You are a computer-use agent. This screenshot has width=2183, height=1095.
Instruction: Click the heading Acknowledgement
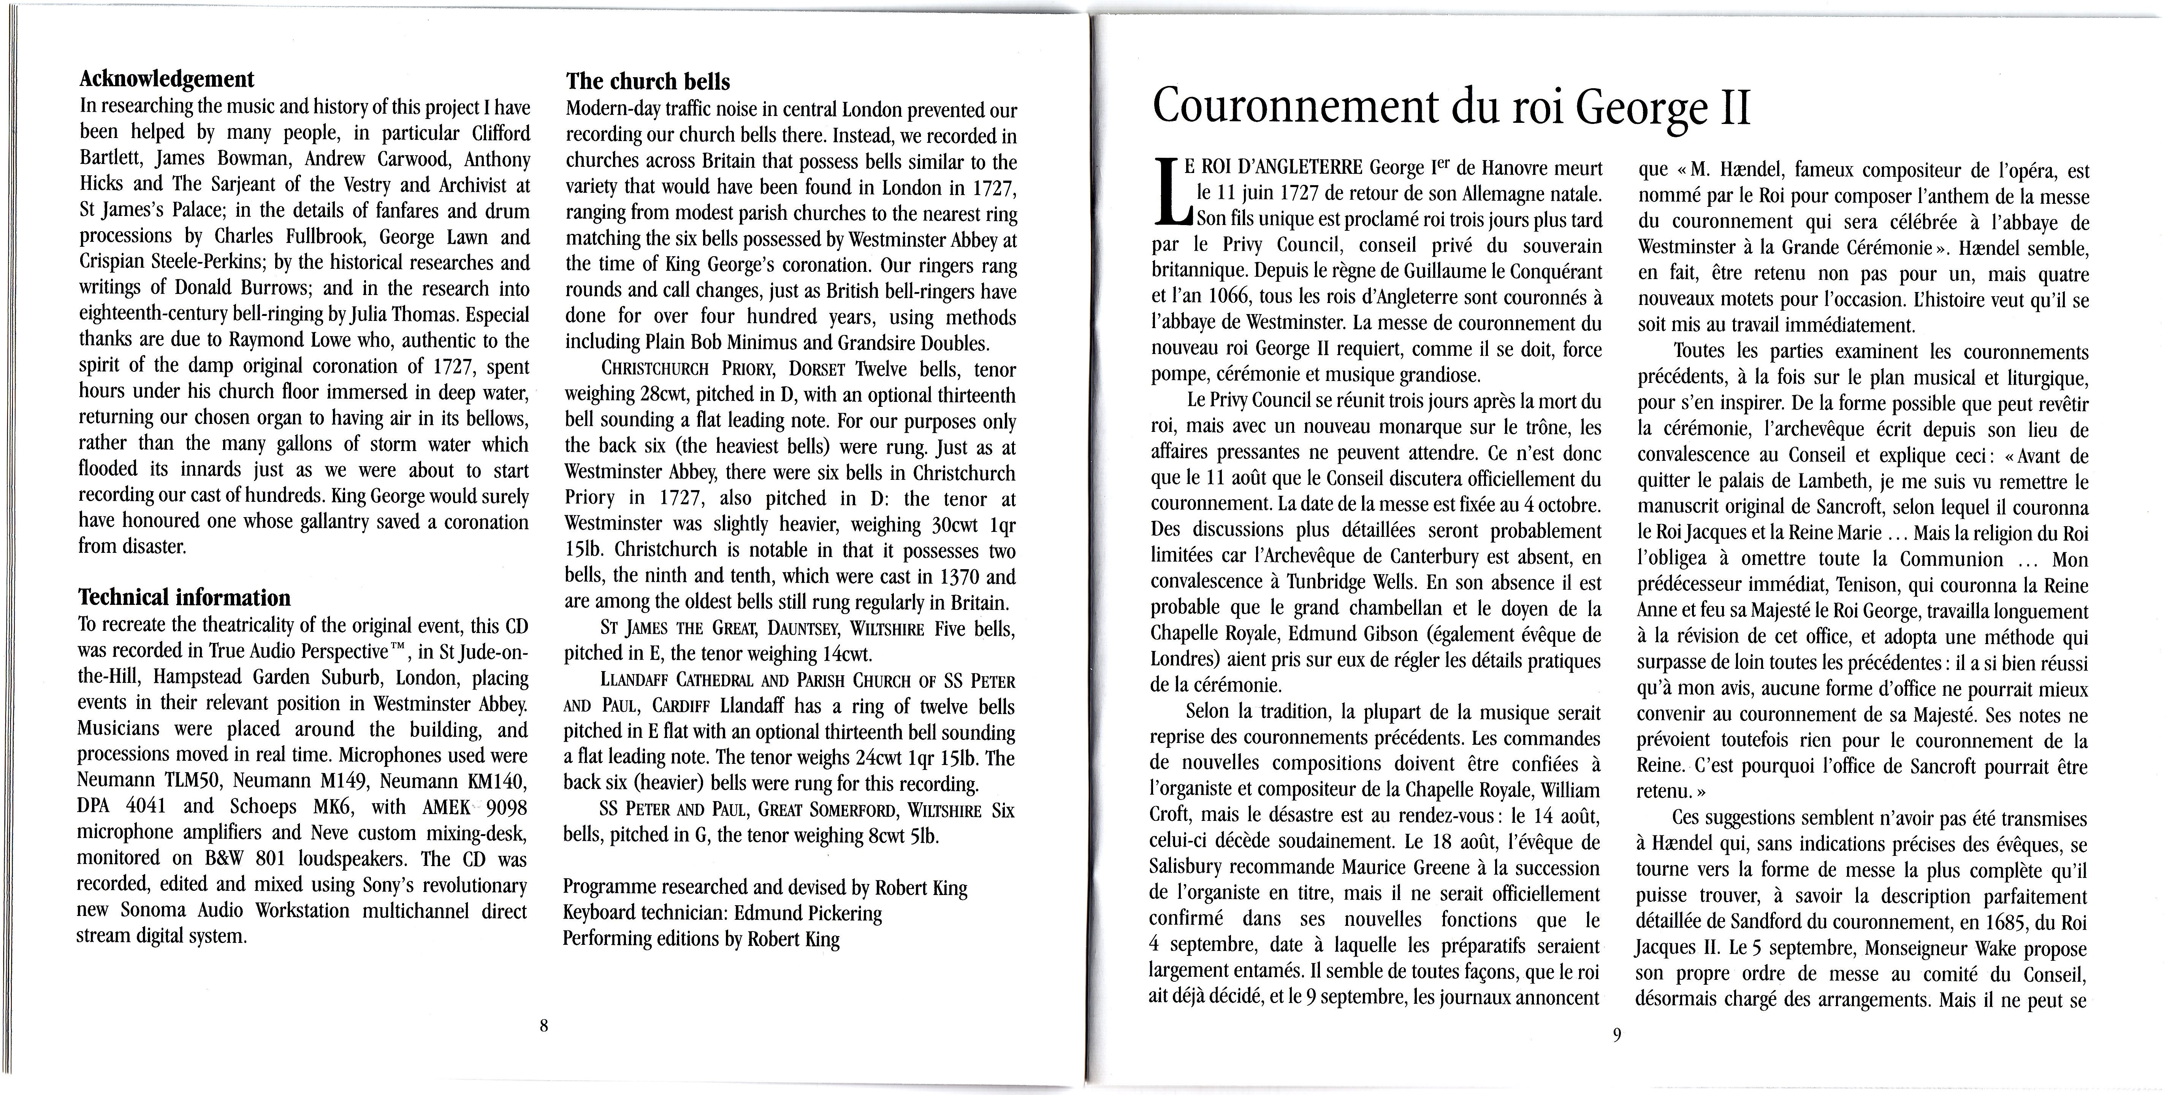point(166,80)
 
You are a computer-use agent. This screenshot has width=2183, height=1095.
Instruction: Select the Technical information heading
point(184,598)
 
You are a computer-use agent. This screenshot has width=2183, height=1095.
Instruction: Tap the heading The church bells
point(648,82)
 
